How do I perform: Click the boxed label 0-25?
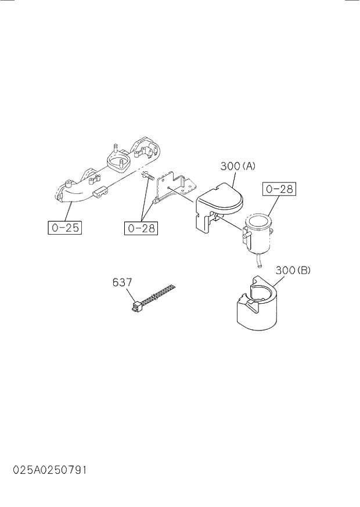[64, 228]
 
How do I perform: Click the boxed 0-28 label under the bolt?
[141, 228]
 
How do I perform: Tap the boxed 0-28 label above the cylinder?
[280, 189]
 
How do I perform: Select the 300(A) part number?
[237, 167]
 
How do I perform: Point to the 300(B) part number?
[293, 270]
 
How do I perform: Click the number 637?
[122, 282]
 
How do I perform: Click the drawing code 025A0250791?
[44, 469]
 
